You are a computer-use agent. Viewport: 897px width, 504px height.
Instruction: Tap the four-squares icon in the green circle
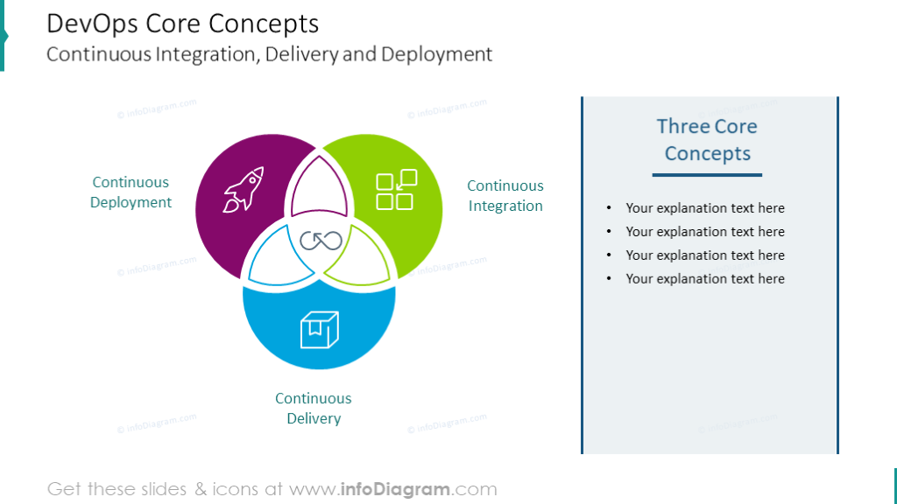395,191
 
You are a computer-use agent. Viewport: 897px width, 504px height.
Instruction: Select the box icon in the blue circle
319,329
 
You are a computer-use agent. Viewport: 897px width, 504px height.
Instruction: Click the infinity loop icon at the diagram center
319,241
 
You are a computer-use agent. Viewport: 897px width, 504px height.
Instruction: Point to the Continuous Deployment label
131,192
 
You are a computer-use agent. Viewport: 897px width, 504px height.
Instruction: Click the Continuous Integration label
505,196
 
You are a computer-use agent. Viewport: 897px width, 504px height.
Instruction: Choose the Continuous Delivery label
314,409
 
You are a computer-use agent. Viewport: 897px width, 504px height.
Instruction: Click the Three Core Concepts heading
707,140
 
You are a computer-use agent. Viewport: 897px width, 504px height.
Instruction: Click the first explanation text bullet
704,208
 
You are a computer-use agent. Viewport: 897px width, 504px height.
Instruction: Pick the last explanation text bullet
704,279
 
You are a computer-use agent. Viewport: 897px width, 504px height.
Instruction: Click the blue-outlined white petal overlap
273,256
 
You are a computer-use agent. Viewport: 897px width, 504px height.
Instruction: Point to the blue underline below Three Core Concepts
707,175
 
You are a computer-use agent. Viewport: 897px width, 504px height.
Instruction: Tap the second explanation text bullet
704,232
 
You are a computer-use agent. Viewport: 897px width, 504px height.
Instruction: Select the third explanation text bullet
704,255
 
